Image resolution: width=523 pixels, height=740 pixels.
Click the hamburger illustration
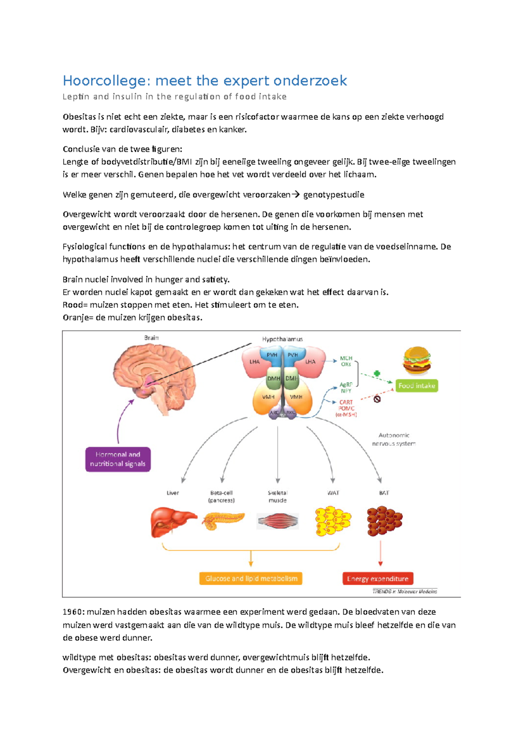coord(417,360)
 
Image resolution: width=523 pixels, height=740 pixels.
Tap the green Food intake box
coord(417,386)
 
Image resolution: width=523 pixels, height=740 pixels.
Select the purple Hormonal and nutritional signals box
coord(118,459)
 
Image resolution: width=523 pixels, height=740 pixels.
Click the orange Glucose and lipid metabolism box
coord(251,578)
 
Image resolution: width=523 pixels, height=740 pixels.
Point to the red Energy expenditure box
coord(378,578)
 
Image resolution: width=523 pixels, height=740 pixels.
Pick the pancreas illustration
coord(223,520)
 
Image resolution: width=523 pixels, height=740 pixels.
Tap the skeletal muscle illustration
coord(278,521)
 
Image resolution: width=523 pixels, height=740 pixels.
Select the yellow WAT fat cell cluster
coord(333,521)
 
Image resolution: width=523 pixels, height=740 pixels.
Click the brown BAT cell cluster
coord(384,520)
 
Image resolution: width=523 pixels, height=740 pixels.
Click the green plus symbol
coord(377,373)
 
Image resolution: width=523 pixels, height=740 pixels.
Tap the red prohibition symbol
coord(377,399)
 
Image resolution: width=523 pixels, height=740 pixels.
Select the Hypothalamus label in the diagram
coord(282,339)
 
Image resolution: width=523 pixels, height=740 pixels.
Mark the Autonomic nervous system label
coord(394,439)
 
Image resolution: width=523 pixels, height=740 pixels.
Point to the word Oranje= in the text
coord(78,317)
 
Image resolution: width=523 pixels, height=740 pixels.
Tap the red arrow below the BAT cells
coord(380,553)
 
